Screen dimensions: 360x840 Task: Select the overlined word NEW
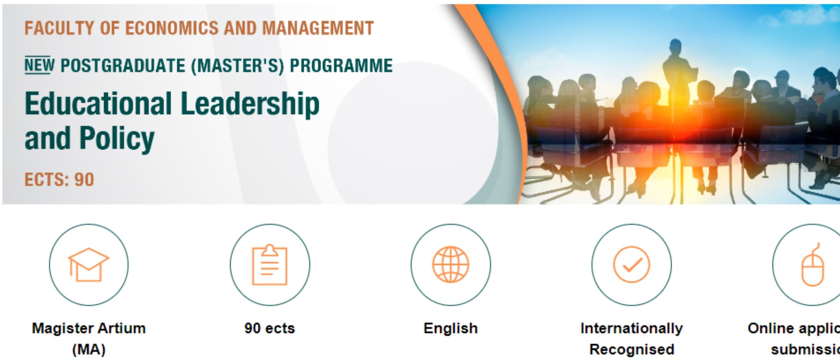[39, 65]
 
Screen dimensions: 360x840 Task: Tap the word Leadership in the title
[250, 104]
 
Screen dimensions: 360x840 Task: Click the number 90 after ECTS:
[84, 180]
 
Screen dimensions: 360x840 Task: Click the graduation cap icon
[89, 264]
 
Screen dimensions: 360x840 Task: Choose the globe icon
[451, 264]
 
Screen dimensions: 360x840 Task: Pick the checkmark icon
[632, 264]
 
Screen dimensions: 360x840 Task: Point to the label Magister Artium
[89, 328]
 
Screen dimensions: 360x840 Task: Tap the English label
[451, 328]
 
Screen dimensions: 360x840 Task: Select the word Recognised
[632, 349]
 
